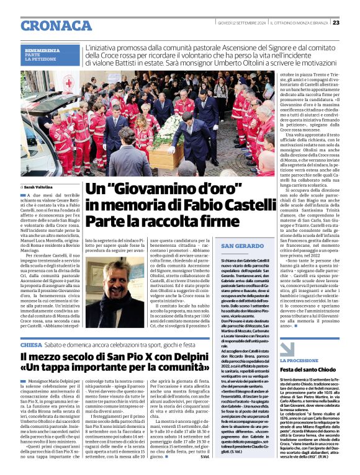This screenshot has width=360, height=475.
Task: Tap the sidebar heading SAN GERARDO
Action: (x=240, y=247)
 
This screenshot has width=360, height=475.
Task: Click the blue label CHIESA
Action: (x=31, y=344)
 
